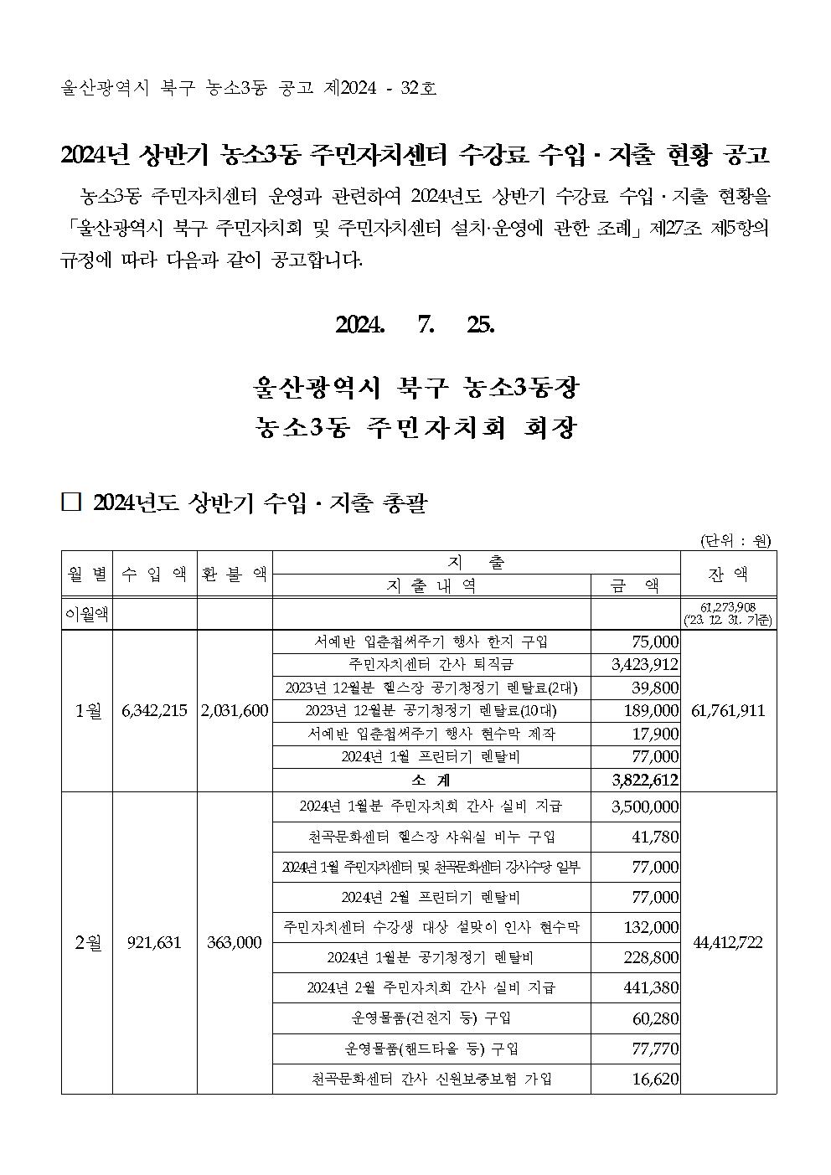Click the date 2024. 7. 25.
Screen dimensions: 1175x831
pyautogui.click(x=415, y=325)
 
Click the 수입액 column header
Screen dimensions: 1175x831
pyautogui.click(x=154, y=574)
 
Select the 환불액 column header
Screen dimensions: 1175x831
pyautogui.click(x=235, y=574)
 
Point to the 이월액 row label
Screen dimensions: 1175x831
pyautogui.click(x=86, y=615)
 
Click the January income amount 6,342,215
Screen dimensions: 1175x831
pyautogui.click(x=154, y=710)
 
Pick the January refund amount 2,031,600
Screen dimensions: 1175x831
pyautogui.click(x=235, y=710)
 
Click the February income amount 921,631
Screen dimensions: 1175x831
pyautogui.click(x=154, y=942)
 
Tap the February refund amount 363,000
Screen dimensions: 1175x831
pyautogui.click(x=235, y=942)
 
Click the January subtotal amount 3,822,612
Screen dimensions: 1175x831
pyautogui.click(x=646, y=780)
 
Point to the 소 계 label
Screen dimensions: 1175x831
pyautogui.click(x=431, y=780)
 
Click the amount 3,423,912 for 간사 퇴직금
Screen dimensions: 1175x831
pyautogui.click(x=646, y=665)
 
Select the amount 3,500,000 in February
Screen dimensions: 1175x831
pyautogui.click(x=646, y=807)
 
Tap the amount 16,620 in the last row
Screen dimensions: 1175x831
pyautogui.click(x=655, y=1080)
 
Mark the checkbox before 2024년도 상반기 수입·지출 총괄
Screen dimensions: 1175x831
pyautogui.click(x=71, y=502)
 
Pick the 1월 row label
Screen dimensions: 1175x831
pyautogui.click(x=86, y=710)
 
